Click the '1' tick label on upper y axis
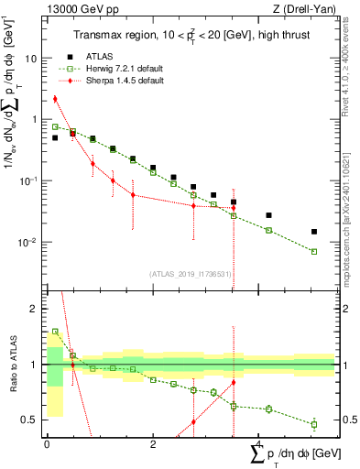click(x=35, y=119)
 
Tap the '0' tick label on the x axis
click(x=47, y=442)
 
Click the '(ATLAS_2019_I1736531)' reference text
click(x=191, y=273)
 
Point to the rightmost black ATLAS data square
click(x=314, y=232)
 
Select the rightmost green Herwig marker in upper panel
click(x=314, y=251)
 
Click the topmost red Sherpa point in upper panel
click(x=55, y=99)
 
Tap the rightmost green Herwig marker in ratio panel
click(x=314, y=424)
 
